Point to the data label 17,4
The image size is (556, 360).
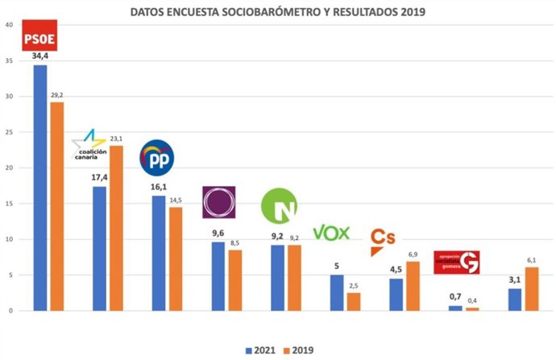click(x=100, y=177)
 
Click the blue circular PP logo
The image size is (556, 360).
click(x=157, y=157)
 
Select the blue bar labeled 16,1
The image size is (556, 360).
click(x=160, y=253)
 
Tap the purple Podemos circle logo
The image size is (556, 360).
click(x=218, y=202)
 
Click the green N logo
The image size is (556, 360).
click(x=279, y=206)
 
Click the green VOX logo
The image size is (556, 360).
click(x=331, y=234)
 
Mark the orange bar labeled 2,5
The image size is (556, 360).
click(x=354, y=302)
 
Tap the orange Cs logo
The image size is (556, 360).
click(x=382, y=239)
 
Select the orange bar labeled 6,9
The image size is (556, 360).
click(x=413, y=286)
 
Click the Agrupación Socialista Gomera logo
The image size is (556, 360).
click(x=456, y=262)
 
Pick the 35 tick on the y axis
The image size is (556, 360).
click(x=9, y=61)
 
